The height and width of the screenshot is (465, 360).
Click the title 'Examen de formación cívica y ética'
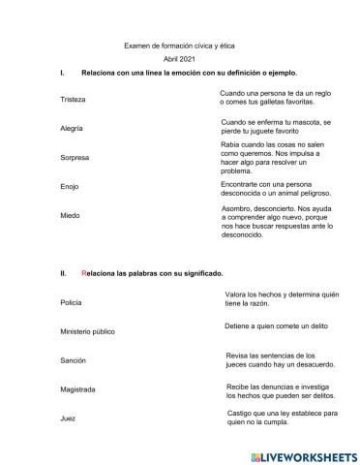[179, 46]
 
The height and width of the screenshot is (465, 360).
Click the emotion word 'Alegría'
[72, 128]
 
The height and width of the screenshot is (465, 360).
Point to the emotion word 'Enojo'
[70, 186]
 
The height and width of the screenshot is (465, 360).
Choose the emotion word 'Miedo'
[70, 215]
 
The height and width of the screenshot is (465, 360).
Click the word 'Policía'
[72, 302]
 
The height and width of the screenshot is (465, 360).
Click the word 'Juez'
[68, 418]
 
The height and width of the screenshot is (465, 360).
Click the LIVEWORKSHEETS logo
[302, 454]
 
